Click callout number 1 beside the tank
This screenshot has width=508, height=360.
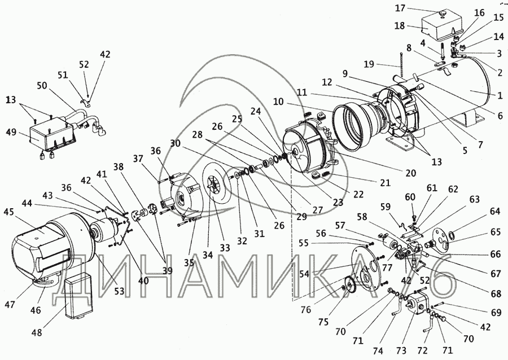click(498, 96)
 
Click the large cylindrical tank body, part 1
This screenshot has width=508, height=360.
click(463, 85)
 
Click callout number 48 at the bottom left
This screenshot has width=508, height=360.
click(36, 332)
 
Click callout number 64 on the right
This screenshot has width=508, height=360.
click(495, 212)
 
